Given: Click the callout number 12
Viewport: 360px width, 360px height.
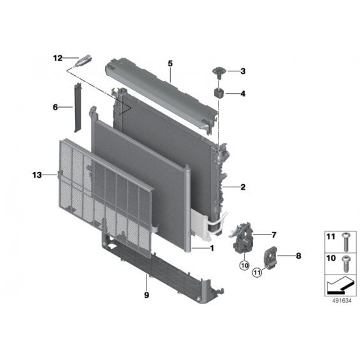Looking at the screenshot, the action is (58, 58).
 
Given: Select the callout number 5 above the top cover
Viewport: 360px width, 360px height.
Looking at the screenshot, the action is (170, 63).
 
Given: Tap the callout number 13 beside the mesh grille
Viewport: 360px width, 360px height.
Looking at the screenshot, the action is (37, 175).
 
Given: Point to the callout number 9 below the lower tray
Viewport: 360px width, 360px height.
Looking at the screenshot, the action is (147, 295).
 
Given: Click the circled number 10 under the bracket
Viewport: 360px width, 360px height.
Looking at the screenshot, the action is (244, 266).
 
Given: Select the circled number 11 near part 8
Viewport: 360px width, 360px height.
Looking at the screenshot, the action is (257, 273).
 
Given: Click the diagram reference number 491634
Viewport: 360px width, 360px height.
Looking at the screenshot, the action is (342, 301).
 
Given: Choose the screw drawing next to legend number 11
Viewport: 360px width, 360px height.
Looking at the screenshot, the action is (345, 242).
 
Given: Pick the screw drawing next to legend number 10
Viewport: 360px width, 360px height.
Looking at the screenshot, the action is (345, 264).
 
